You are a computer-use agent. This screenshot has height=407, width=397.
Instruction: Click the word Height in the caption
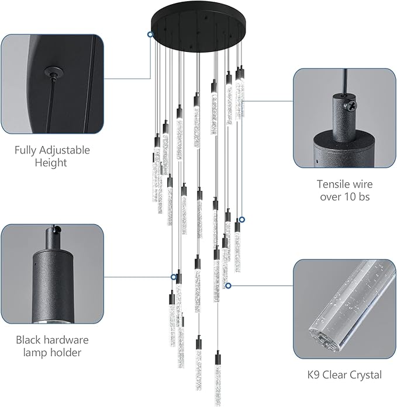[x=51, y=163]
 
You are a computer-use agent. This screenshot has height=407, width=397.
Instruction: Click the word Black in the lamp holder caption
[x=30, y=340]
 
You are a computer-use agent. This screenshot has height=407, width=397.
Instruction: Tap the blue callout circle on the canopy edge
[x=151, y=35]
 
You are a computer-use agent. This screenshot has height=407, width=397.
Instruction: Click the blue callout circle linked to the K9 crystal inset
[x=228, y=286]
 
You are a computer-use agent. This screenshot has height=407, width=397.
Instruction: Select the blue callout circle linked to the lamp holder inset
[x=174, y=277]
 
